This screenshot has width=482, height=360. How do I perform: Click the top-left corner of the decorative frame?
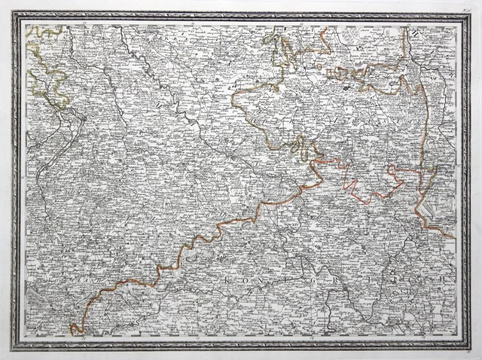tap(14, 13)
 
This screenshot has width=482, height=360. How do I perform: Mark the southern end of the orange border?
tap(74, 330)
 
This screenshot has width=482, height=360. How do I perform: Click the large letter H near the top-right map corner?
tap(413, 31)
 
